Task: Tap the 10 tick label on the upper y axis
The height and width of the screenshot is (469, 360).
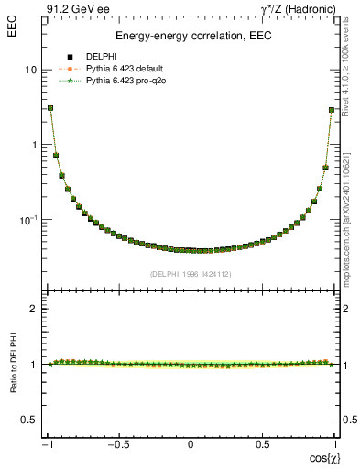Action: (31, 70)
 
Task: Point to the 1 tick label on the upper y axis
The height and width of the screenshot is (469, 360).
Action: (35, 145)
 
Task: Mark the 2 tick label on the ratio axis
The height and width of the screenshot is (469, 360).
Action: (35, 309)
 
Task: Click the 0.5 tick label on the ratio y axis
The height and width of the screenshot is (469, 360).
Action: (29, 420)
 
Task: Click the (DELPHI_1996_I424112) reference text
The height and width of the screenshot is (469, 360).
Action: (191, 274)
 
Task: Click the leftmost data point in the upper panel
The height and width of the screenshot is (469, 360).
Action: (50, 107)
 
